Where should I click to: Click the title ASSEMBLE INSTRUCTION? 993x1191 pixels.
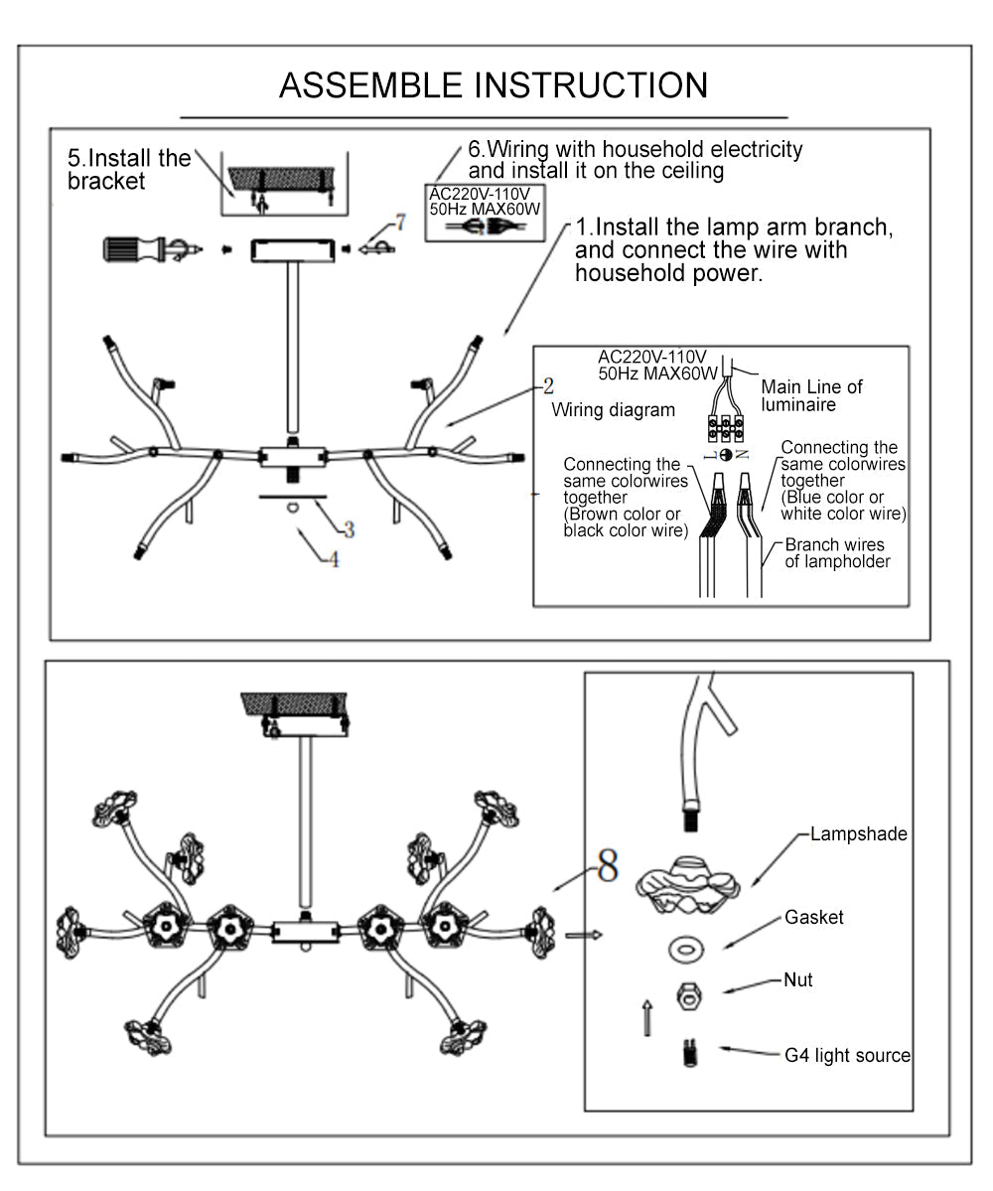click(x=494, y=85)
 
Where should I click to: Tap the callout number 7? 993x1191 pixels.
click(x=400, y=222)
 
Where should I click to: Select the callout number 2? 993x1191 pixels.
click(x=548, y=386)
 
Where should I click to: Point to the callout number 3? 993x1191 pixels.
click(x=349, y=530)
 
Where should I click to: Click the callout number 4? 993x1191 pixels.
click(x=334, y=559)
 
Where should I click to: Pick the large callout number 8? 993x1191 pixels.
click(x=607, y=866)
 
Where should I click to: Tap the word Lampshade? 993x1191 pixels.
click(x=858, y=834)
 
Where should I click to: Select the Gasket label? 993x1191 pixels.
click(x=814, y=917)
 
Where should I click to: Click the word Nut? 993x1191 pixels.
click(x=797, y=980)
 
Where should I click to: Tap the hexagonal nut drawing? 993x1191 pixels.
click(x=685, y=995)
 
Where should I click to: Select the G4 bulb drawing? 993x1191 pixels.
click(x=686, y=1052)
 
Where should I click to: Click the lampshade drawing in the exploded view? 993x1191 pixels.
click(x=688, y=884)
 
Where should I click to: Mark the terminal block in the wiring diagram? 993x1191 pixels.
click(x=727, y=428)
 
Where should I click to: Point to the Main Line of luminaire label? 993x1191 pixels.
click(x=811, y=395)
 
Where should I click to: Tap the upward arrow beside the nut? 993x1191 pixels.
click(x=646, y=1017)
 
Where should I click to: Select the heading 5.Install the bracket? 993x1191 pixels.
click(x=129, y=169)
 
